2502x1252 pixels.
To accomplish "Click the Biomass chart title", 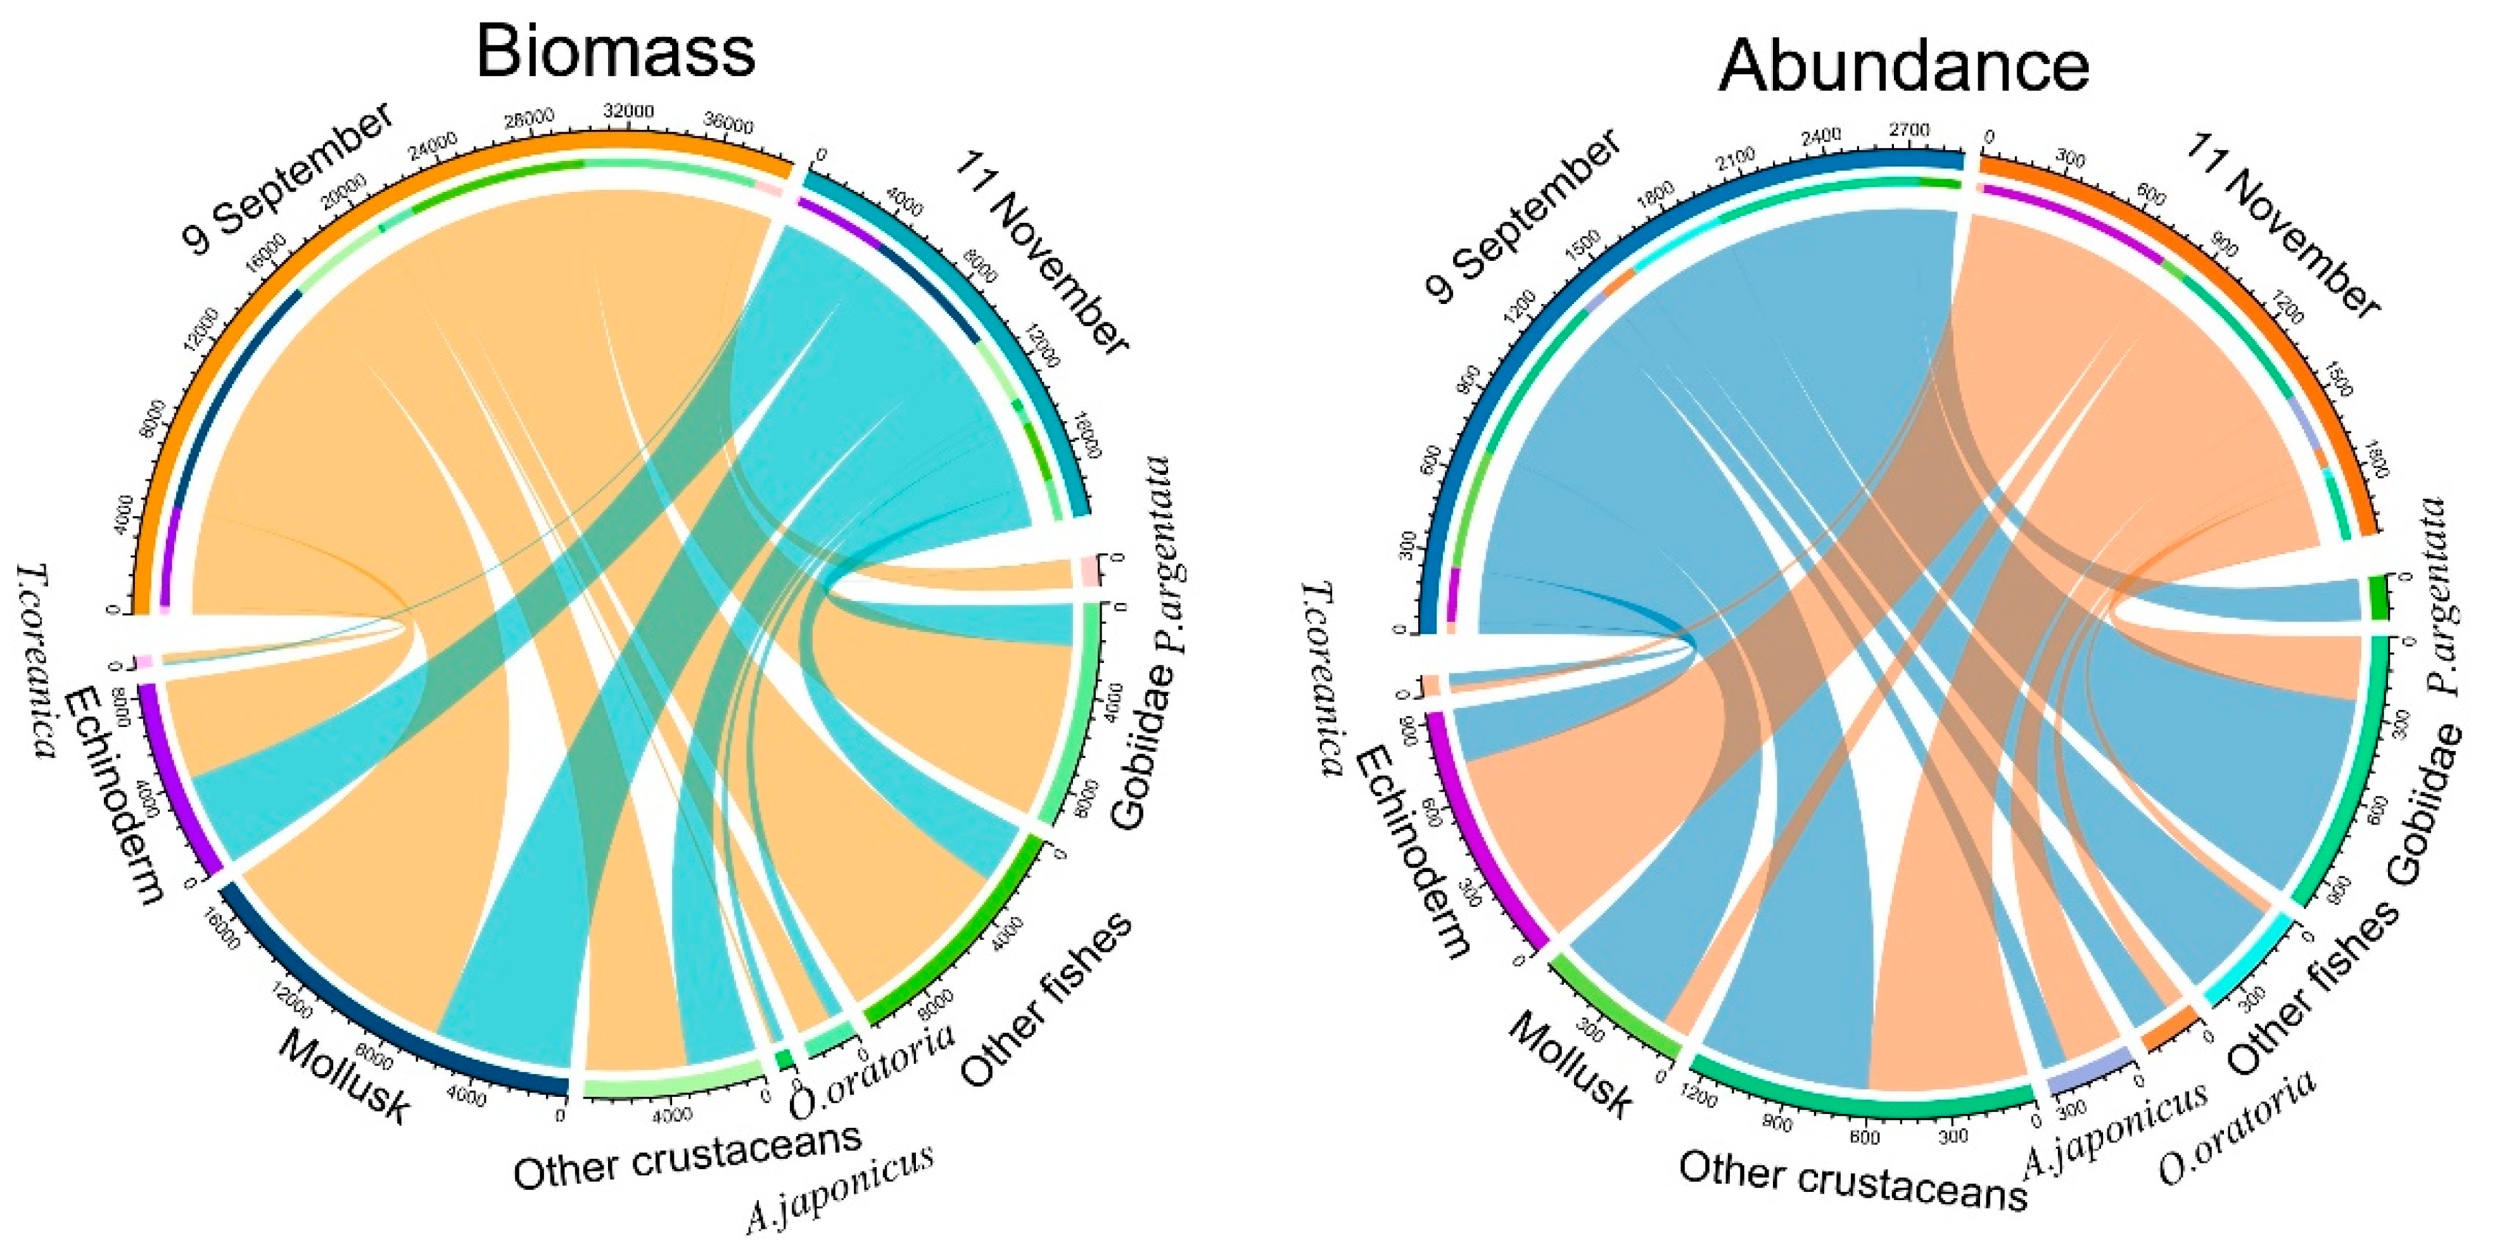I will [615, 51].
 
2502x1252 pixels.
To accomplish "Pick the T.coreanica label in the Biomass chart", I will [34, 661].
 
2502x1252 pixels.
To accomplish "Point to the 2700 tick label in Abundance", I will [1908, 130].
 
